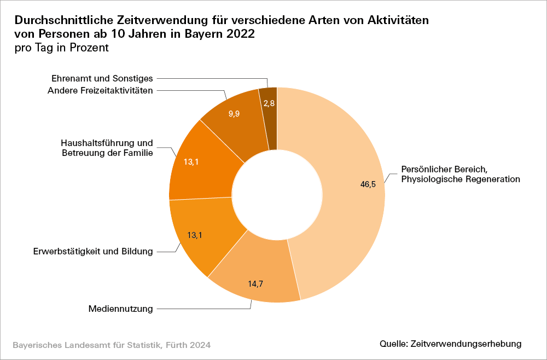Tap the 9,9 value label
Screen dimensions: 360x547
click(x=234, y=114)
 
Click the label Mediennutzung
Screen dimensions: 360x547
click(x=120, y=309)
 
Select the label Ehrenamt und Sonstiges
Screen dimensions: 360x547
click(x=102, y=79)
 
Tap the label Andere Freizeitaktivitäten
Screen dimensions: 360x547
click(x=100, y=90)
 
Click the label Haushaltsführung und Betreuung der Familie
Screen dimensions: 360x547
click(x=107, y=148)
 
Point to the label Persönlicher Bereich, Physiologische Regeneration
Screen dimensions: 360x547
click(x=460, y=173)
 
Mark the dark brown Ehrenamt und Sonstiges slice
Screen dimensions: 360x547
click(x=268, y=118)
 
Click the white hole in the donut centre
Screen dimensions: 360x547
click(x=277, y=194)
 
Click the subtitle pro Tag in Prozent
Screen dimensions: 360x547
click(x=62, y=48)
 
